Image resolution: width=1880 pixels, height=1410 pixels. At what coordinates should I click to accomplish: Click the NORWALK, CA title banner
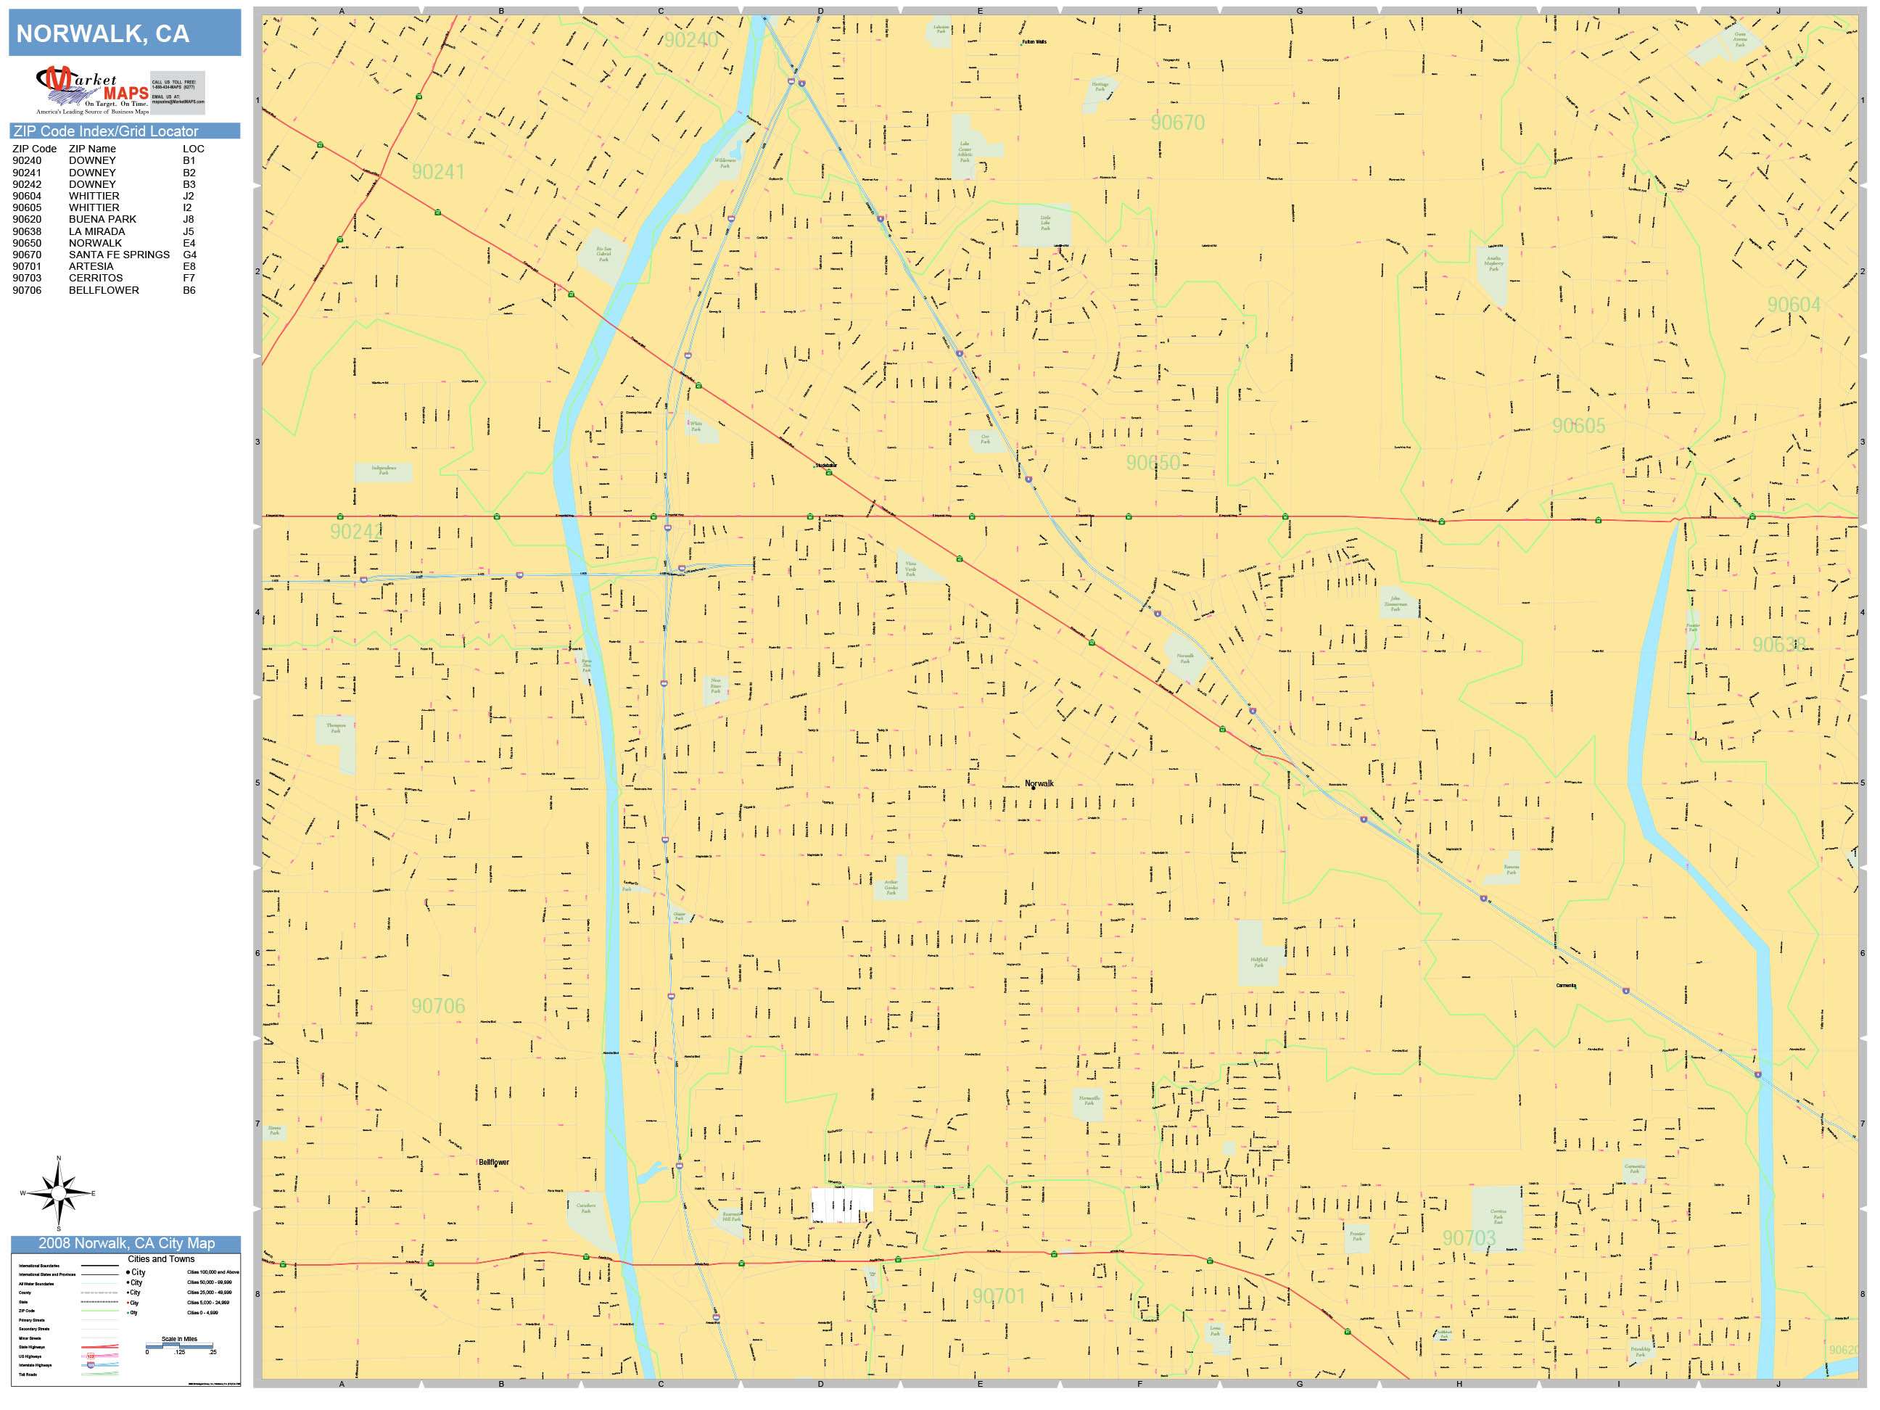(x=124, y=33)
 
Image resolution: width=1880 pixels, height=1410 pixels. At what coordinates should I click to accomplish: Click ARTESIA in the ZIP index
(x=90, y=266)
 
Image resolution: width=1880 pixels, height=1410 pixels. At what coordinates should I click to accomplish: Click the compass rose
(x=58, y=1193)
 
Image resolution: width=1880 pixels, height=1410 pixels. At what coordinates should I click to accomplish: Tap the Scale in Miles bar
(x=179, y=1345)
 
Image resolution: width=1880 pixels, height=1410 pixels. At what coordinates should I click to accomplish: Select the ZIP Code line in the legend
(x=99, y=1311)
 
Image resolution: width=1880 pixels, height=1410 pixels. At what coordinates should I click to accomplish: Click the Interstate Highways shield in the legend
(x=91, y=1365)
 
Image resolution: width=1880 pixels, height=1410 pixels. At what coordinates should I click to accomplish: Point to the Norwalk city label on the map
(x=1039, y=783)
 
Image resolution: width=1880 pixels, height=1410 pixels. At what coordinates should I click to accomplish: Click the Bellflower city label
(x=493, y=1162)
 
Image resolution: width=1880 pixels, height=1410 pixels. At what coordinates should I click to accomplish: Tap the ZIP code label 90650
(x=1153, y=463)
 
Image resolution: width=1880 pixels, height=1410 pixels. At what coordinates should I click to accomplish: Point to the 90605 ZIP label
(x=1578, y=426)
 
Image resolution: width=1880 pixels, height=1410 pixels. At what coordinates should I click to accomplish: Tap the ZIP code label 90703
(x=1469, y=1238)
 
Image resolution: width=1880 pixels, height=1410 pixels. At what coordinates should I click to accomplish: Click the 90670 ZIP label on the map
(x=1177, y=123)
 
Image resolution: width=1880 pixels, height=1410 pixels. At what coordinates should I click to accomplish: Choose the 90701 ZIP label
(x=999, y=1296)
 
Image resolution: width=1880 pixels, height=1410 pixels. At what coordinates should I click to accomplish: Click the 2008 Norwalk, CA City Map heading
(x=125, y=1243)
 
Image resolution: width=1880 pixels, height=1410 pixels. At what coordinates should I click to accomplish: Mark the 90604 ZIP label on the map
(x=1793, y=305)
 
